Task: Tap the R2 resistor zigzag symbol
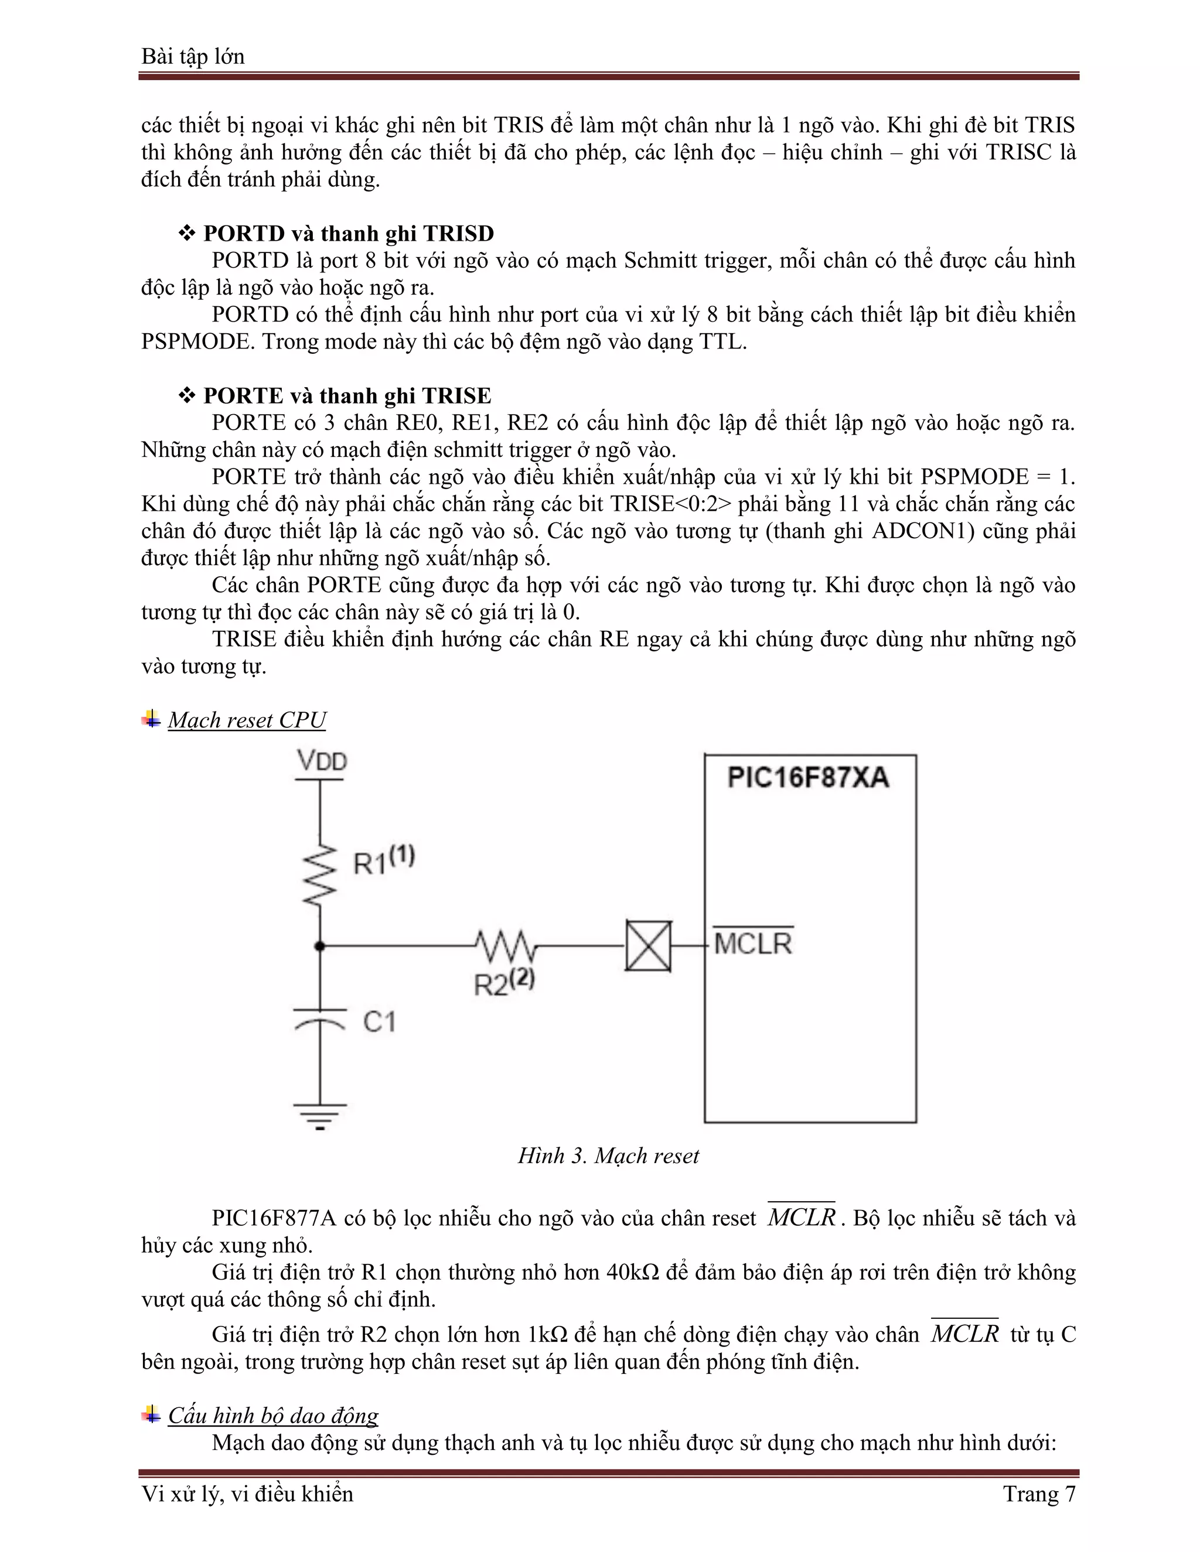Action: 506,946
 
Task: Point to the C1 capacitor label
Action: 379,1022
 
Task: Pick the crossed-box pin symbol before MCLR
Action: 647,946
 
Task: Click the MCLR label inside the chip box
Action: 753,943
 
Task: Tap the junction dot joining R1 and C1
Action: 320,946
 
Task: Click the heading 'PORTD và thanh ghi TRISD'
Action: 349,234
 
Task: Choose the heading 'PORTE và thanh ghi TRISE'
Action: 347,396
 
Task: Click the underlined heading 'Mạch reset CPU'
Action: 247,720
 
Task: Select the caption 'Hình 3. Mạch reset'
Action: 608,1156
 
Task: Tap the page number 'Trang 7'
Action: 1039,1494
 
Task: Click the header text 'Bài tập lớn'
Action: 193,56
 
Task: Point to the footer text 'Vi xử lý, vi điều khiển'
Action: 247,1494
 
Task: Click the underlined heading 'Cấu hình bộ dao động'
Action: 273,1416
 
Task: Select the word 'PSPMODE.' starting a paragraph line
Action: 197,342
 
